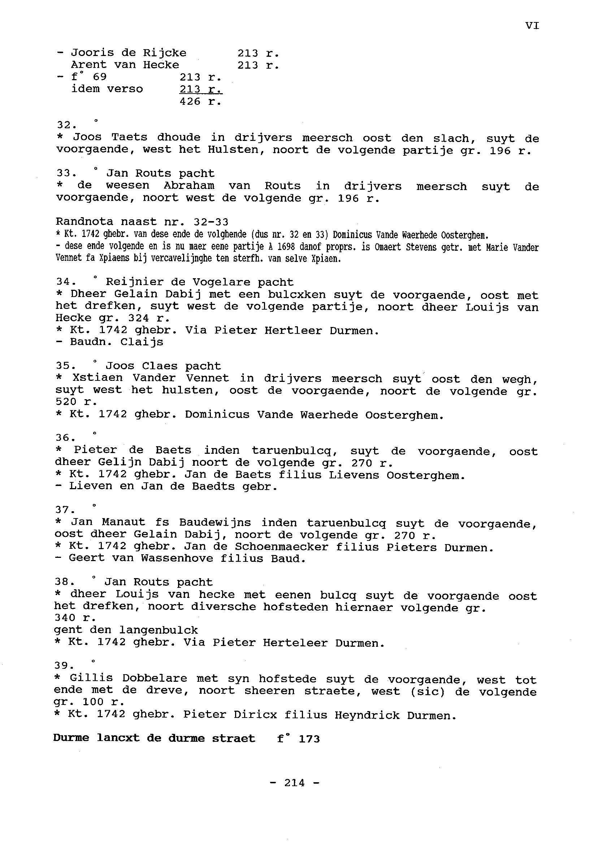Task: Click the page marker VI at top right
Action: (532, 26)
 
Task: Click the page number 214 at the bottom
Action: (295, 783)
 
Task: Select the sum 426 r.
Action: (200, 101)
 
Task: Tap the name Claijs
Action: (142, 342)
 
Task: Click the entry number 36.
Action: (65, 438)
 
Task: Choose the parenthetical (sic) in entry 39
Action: (427, 691)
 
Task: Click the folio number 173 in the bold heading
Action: (309, 738)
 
